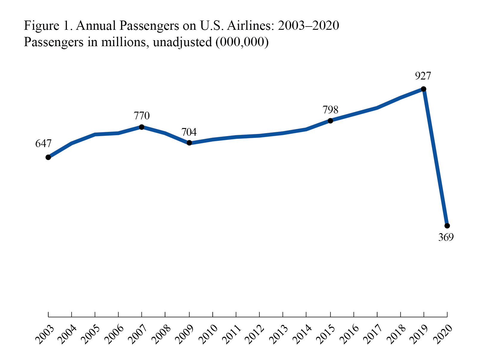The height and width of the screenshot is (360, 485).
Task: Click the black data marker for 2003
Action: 48,157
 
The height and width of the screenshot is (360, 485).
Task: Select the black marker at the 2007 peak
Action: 142,127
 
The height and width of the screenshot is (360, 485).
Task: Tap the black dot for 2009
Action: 189,143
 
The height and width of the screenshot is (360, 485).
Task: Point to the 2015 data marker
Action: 330,121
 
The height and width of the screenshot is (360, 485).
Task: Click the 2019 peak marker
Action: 424,89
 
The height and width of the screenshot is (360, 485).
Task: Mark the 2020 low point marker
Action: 447,226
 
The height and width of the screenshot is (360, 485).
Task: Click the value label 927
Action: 423,76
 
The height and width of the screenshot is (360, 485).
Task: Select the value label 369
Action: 446,238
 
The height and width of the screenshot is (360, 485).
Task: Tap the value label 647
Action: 43,144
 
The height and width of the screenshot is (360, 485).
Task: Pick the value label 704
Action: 189,132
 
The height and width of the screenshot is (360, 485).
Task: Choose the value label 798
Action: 330,110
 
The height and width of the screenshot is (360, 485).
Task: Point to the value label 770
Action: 142,116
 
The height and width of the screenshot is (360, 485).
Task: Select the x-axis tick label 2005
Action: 90,334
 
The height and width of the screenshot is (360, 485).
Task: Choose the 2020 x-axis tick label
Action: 443,334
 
